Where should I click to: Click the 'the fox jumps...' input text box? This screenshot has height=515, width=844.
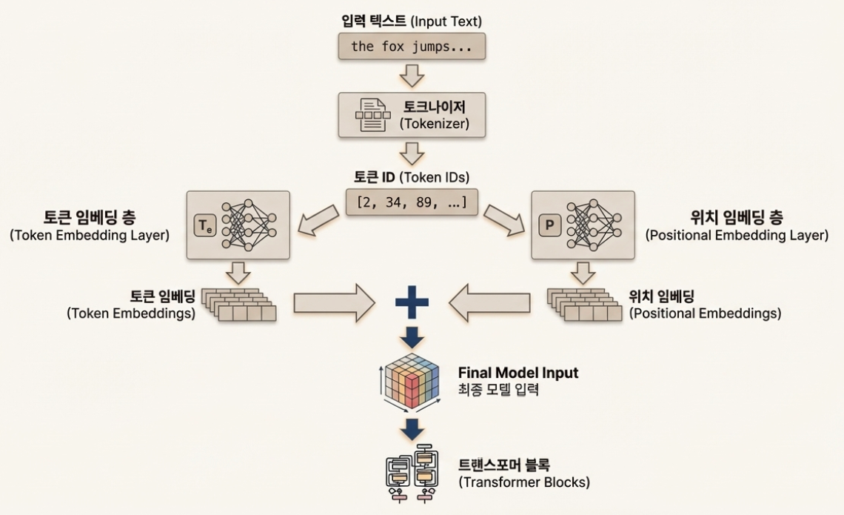pos(412,47)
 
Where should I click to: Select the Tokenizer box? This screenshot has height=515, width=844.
pos(412,114)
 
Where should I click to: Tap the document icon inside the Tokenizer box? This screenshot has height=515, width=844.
pos(375,115)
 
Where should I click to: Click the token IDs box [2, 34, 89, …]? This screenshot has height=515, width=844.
pos(412,201)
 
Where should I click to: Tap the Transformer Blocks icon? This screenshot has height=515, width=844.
pos(412,473)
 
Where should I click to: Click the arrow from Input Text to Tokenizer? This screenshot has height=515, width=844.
pos(412,76)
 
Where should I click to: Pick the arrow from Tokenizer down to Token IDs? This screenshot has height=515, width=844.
pos(412,153)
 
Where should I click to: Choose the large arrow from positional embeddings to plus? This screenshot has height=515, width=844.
pos(492,303)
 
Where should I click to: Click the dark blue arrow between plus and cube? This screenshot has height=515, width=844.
pos(412,338)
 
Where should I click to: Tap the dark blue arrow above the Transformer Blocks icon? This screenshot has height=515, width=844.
pos(412,428)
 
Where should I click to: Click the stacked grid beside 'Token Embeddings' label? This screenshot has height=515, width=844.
pos(239,303)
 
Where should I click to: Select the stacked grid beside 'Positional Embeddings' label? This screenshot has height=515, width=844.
pos(585,303)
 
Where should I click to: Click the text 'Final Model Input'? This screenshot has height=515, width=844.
pos(518,373)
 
